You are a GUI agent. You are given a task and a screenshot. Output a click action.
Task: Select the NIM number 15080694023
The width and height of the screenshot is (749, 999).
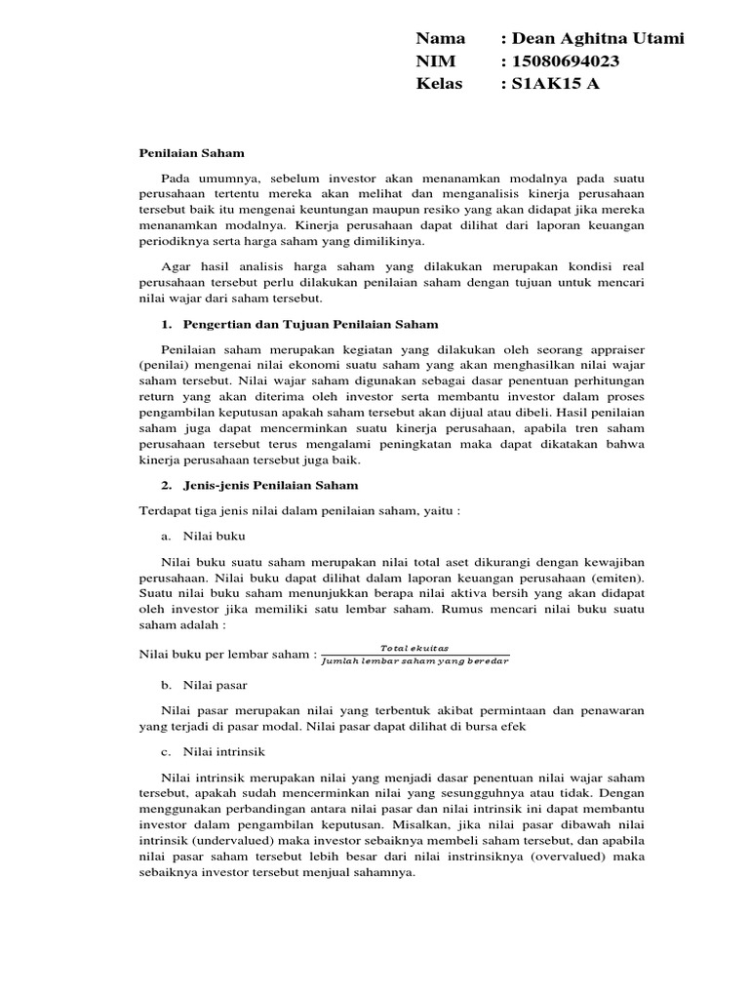[x=565, y=60]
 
